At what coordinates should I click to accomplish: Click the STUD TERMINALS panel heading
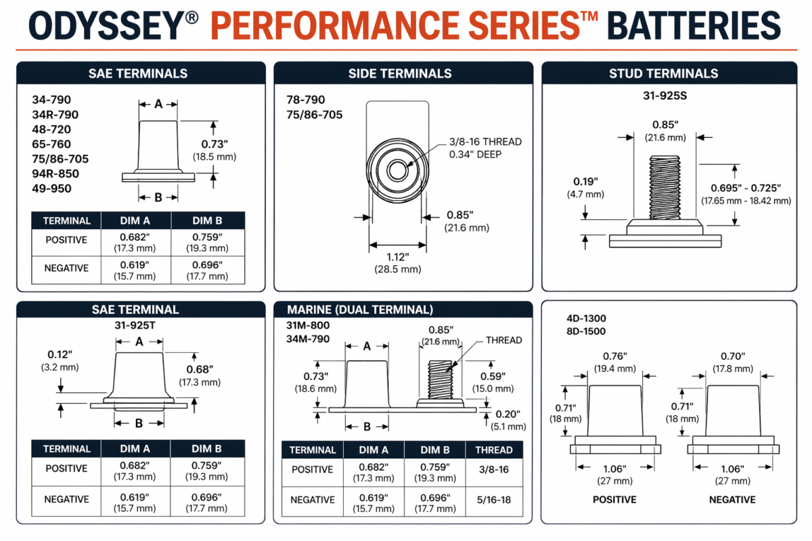point(663,74)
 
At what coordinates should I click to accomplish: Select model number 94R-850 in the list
point(55,174)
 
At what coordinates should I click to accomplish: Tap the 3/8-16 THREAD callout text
point(485,142)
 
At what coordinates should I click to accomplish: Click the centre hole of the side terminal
point(397,170)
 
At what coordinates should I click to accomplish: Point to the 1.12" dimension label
point(398,257)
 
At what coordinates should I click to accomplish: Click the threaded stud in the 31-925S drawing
point(664,187)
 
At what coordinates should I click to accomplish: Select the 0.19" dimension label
point(585,181)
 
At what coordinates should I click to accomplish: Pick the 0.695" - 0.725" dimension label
point(746,188)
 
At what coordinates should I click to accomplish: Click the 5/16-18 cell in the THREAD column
point(494,500)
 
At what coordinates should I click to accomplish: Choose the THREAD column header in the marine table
point(494,450)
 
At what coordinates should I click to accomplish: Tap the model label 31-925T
point(135,325)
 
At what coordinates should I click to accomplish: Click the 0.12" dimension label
point(60,354)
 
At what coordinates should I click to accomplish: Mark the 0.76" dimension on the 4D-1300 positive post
point(615,356)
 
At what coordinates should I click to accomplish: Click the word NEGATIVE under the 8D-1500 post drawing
point(732,500)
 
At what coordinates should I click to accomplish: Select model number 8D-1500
point(586,331)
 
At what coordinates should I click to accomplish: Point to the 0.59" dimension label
point(493,376)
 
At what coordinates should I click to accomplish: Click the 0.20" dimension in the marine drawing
point(508,414)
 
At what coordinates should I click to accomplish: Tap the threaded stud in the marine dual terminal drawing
point(441,379)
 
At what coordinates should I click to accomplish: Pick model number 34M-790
point(308,339)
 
